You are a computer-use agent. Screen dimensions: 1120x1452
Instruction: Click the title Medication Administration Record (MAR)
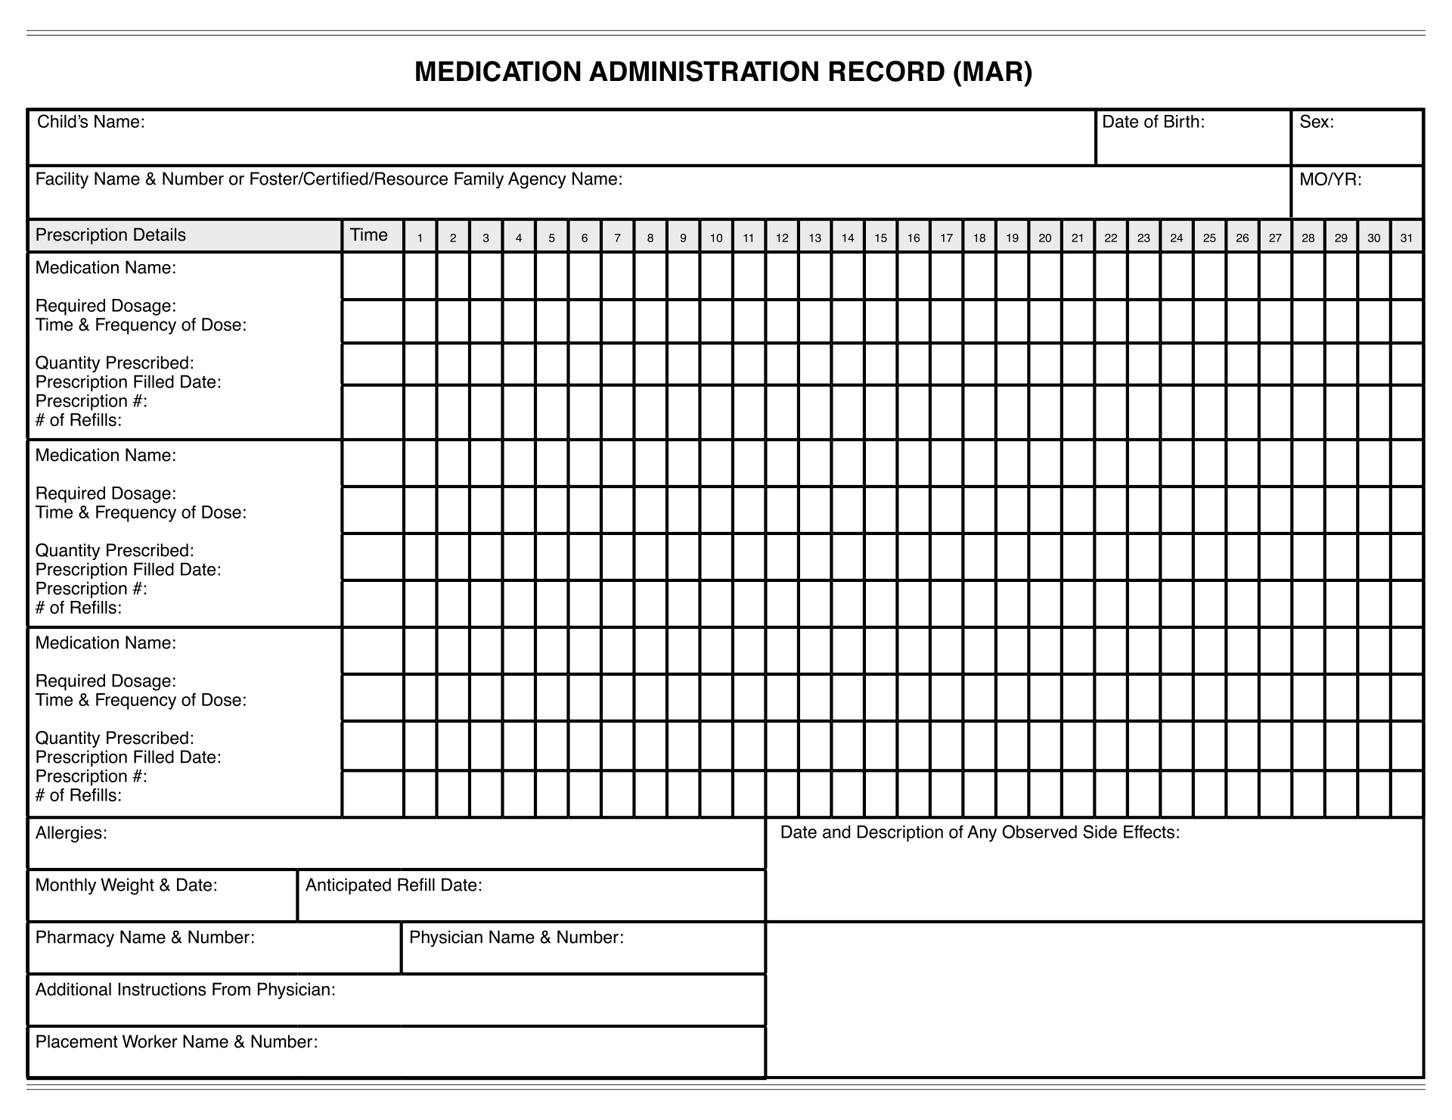[723, 72]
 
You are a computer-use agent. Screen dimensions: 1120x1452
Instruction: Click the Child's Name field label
[91, 122]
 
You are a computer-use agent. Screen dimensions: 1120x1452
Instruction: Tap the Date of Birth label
[1153, 122]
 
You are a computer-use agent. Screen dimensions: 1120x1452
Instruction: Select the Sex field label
[1317, 122]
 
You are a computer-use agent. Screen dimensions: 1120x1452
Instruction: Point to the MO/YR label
[1330, 179]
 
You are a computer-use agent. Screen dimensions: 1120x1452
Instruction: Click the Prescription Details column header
[110, 235]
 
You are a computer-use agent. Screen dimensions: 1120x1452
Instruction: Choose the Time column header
[369, 235]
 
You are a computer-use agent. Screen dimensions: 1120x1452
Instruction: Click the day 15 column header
[881, 238]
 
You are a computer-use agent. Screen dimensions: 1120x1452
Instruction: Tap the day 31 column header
[1406, 238]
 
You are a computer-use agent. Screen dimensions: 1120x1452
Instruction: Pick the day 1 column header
[420, 238]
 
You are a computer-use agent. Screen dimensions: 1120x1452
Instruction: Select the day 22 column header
[1110, 238]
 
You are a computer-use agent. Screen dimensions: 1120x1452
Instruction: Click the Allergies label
[71, 833]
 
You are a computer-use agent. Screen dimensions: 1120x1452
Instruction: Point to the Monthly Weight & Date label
[126, 885]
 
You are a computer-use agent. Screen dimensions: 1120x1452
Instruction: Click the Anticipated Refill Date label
[393, 885]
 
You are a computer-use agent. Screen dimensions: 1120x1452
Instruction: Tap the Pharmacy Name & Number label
[144, 938]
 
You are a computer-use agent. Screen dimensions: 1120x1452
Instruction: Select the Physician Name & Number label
[516, 938]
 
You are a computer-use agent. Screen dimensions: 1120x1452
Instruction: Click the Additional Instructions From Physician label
[185, 990]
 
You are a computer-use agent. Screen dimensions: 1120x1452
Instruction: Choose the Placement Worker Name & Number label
[176, 1042]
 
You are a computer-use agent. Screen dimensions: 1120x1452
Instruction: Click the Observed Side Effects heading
[979, 832]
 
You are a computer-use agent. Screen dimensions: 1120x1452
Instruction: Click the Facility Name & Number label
[329, 179]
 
